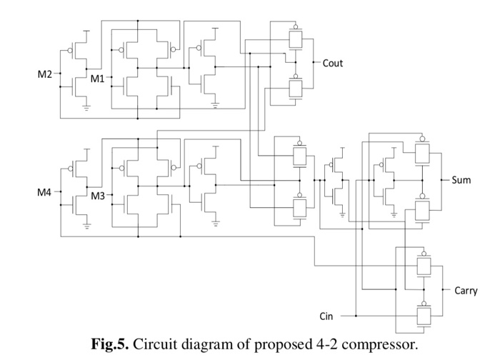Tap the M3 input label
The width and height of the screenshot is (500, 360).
tap(98, 196)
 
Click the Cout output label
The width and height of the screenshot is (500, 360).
tap(333, 63)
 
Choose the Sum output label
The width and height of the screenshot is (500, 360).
tap(461, 180)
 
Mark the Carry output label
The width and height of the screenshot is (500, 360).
tap(465, 291)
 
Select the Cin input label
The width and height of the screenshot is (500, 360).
tap(326, 315)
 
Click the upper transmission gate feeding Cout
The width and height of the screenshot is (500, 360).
tap(294, 39)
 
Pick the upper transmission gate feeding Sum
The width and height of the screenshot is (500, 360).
tap(422, 152)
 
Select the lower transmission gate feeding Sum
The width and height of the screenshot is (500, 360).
tap(422, 209)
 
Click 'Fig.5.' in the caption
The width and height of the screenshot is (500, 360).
tap(109, 344)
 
